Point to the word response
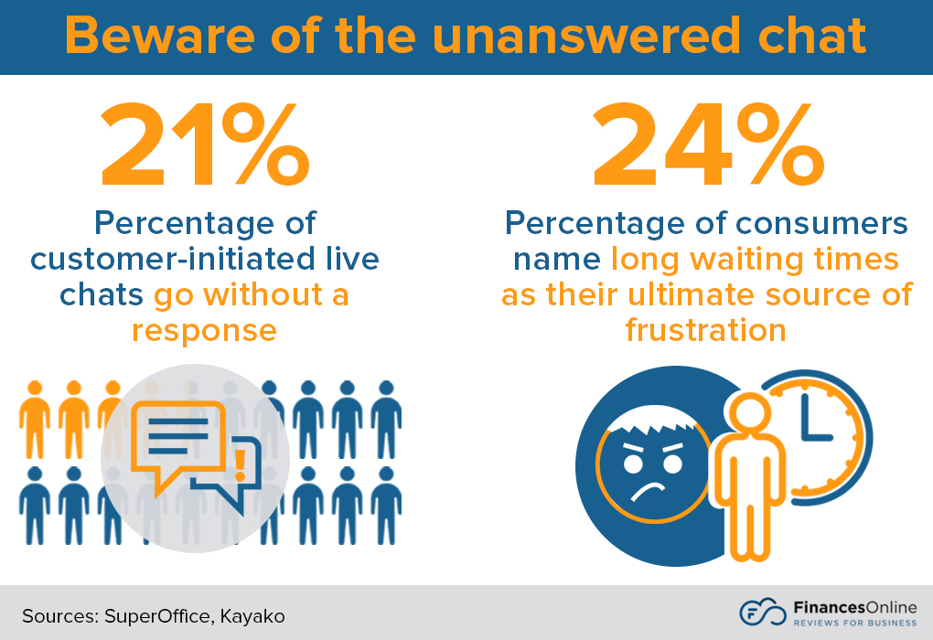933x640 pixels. [204, 329]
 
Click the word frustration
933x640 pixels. [705, 329]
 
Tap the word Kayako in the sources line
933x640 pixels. [252, 615]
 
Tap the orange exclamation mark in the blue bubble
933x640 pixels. [241, 464]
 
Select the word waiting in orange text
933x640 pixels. [749, 261]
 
